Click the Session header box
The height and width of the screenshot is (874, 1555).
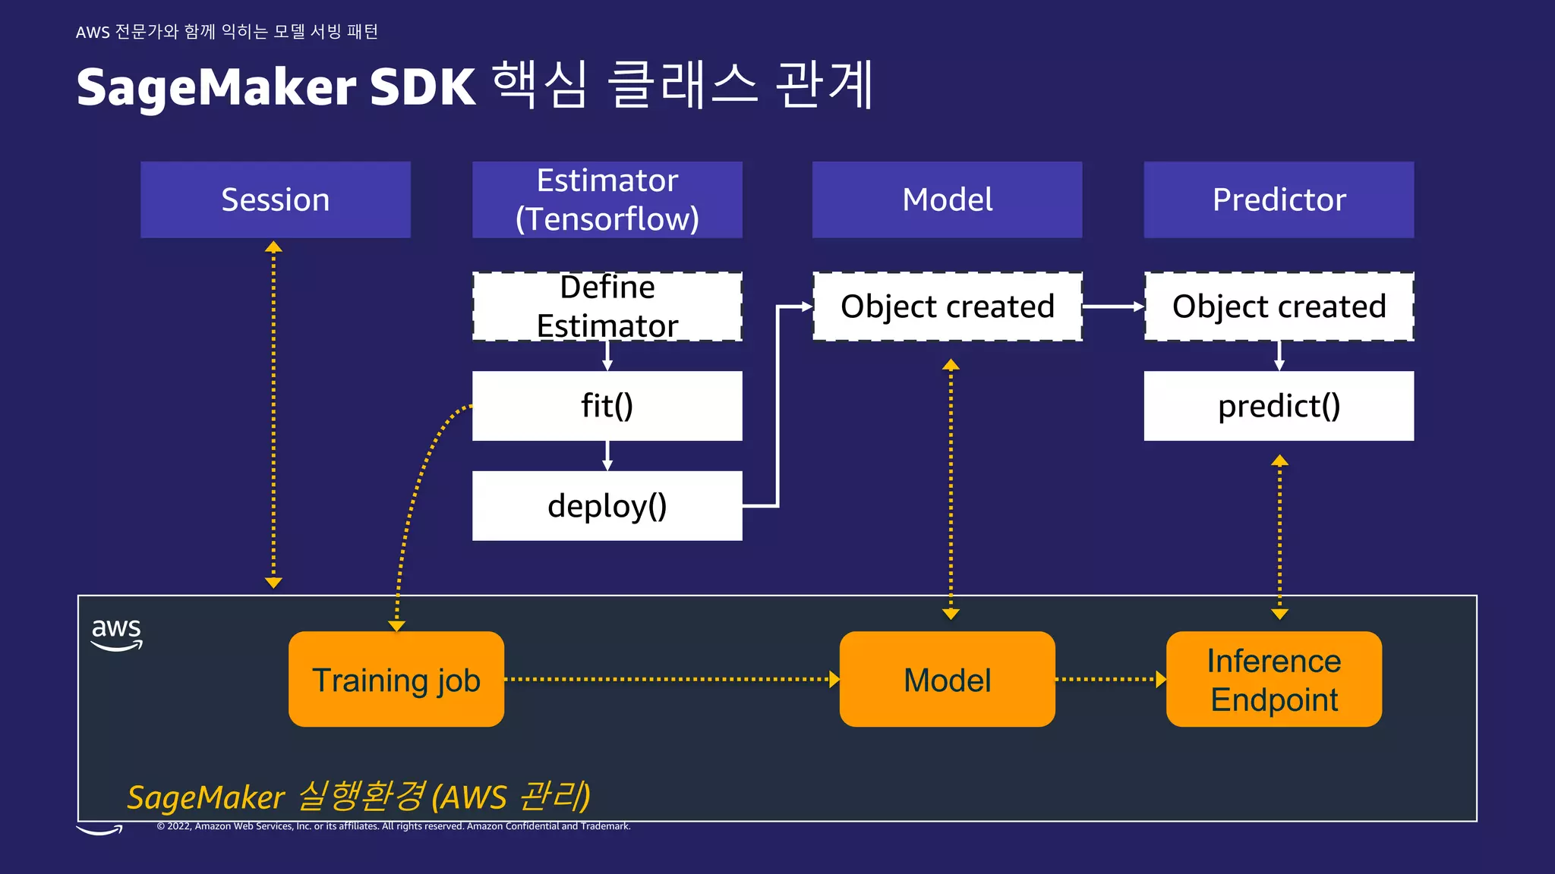click(275, 200)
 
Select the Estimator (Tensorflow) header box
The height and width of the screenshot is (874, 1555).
click(607, 200)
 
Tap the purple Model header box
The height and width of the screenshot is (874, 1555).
click(947, 200)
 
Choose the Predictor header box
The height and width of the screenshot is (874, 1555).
click(1279, 200)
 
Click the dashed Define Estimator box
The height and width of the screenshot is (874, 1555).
click(607, 307)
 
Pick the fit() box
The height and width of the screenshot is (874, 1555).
click(607, 406)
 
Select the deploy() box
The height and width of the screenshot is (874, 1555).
click(607, 506)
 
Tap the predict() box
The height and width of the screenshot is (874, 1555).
click(1279, 406)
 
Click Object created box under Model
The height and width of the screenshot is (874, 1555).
click(947, 307)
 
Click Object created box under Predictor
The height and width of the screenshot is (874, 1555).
click(1279, 307)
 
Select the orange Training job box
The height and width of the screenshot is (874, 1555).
click(396, 680)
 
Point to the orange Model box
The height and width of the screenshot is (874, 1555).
click(947, 680)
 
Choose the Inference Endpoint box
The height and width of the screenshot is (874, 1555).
click(1273, 680)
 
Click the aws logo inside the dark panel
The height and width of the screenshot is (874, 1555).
click(116, 633)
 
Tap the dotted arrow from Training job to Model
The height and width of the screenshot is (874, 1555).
click(671, 679)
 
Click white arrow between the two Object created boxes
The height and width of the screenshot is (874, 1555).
click(1112, 307)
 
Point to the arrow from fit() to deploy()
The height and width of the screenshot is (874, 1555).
click(607, 455)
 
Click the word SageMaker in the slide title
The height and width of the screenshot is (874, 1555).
click(216, 87)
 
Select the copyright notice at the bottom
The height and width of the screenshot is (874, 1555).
click(393, 826)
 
